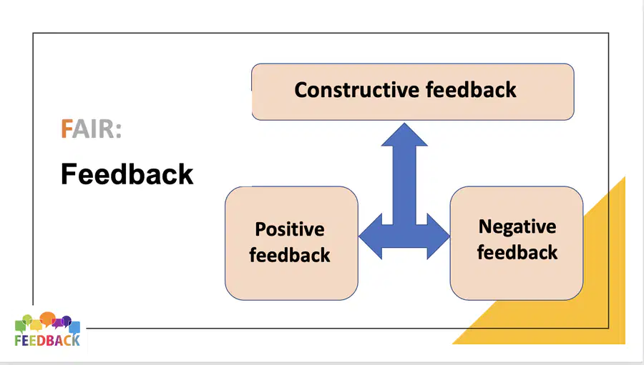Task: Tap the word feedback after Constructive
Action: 471,90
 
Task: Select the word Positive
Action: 290,230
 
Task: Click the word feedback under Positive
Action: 290,255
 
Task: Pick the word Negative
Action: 517,227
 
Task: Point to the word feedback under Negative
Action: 517,252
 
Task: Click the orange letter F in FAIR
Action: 67,129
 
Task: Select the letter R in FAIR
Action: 106,129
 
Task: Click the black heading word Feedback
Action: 127,174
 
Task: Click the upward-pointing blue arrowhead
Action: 404,134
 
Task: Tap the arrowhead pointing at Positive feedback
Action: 371,236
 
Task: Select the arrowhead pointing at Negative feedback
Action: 439,236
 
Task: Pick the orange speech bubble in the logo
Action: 48,318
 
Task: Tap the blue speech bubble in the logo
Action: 74,327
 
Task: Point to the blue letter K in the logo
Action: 75,341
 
